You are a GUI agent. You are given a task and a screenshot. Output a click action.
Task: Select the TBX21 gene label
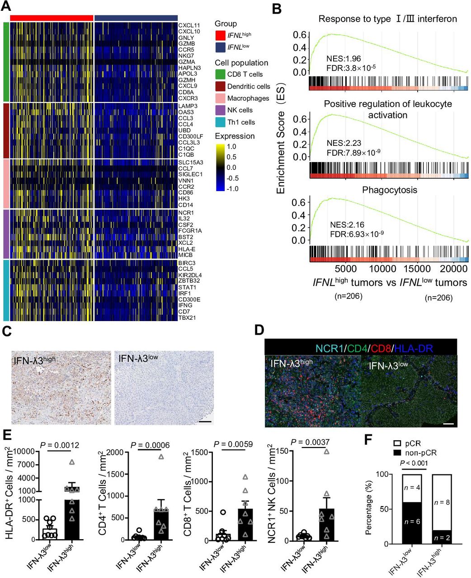coord(187,317)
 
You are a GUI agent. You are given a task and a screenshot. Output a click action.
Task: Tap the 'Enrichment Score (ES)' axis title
coord(281,135)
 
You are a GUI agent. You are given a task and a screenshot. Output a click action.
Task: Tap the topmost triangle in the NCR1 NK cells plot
coord(327,451)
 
